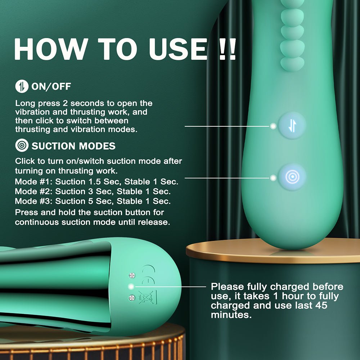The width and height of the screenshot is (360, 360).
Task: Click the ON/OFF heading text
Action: tap(51, 86)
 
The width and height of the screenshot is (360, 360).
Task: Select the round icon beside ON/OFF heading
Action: tap(21, 86)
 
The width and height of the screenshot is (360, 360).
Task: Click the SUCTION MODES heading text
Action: tap(73, 146)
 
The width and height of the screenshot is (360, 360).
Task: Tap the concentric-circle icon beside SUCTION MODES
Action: tap(22, 146)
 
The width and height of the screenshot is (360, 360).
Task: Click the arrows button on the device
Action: tap(292, 126)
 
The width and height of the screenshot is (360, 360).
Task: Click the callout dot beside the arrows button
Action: tap(273, 126)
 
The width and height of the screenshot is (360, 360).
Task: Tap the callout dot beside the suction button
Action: tap(273, 177)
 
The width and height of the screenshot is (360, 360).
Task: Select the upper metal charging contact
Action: tap(132, 275)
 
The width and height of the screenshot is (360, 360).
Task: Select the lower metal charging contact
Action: tap(132, 298)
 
